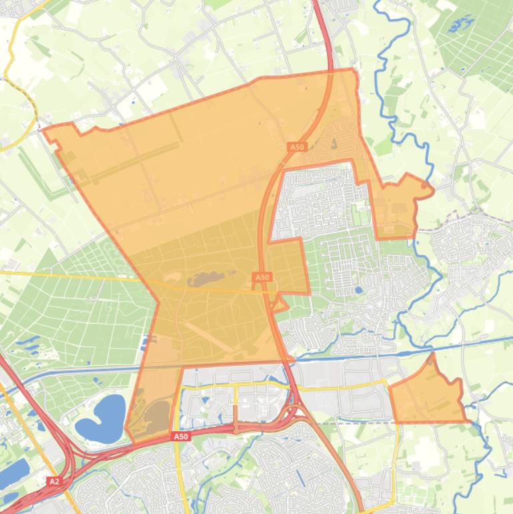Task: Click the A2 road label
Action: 54,481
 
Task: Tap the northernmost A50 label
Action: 297,147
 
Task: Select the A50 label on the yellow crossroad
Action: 262,277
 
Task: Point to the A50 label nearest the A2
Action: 181,437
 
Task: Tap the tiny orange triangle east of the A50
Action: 281,305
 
